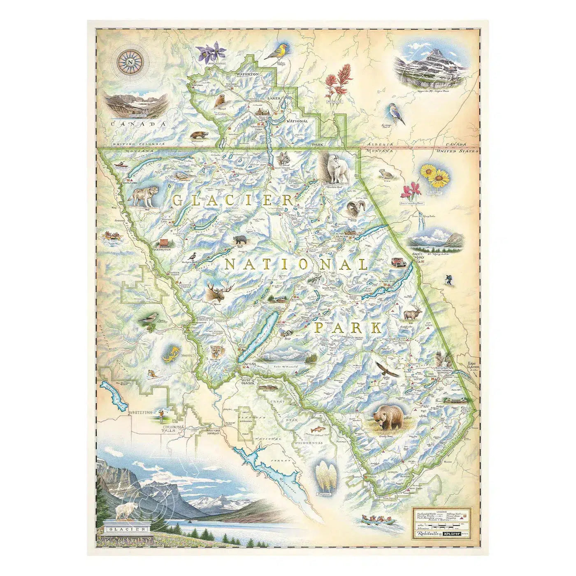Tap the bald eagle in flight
click(386, 369)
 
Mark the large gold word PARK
click(348, 328)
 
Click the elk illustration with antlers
click(413, 314)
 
